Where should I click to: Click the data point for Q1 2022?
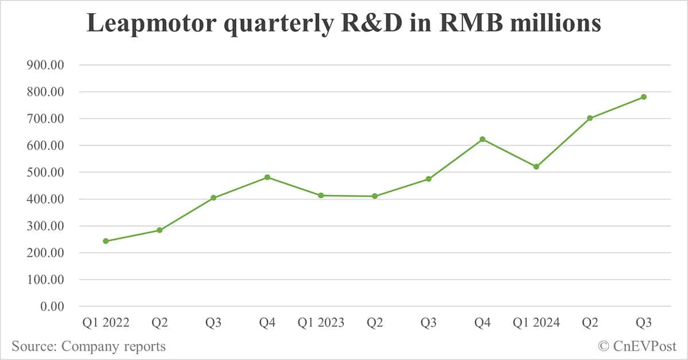pyautogui.click(x=106, y=241)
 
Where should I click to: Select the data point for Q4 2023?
pyautogui.click(x=482, y=139)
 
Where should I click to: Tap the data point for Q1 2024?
pyautogui.click(x=536, y=167)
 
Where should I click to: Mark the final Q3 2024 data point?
pyautogui.click(x=643, y=97)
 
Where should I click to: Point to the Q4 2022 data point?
pyautogui.click(x=267, y=177)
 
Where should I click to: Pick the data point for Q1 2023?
pyautogui.click(x=321, y=195)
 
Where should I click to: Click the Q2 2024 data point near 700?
pyautogui.click(x=589, y=118)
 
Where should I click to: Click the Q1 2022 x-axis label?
pyautogui.click(x=106, y=323)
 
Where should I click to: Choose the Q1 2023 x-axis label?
pyautogui.click(x=321, y=323)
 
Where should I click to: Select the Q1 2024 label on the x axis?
pyautogui.click(x=536, y=323)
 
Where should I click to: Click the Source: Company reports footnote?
pyautogui.click(x=88, y=346)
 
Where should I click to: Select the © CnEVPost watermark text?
pyautogui.click(x=637, y=346)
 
